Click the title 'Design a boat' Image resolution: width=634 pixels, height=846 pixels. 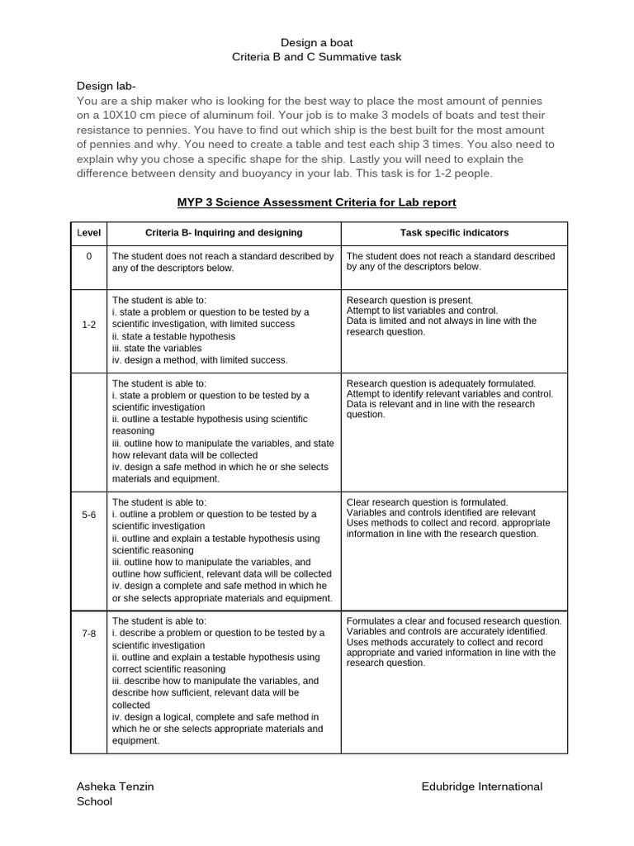tap(318, 42)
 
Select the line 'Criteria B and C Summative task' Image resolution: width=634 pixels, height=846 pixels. tap(318, 56)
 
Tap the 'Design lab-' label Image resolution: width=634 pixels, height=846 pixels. tap(106, 86)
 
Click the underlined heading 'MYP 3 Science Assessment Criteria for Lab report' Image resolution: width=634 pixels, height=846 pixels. tap(317, 202)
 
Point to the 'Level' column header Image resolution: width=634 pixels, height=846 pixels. tap(89, 234)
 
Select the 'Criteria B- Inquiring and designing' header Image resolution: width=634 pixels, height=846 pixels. tap(224, 234)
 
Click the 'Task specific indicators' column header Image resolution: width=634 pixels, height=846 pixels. tap(455, 234)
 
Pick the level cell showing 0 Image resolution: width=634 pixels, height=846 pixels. tap(89, 257)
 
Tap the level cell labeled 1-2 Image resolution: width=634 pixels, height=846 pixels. tap(89, 326)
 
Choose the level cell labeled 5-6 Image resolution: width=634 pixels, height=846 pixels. tap(89, 514)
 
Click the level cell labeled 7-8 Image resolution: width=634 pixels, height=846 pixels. tap(89, 633)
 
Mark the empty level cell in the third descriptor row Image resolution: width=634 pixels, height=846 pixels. tap(89, 431)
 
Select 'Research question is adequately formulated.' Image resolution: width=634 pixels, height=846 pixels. tap(442, 383)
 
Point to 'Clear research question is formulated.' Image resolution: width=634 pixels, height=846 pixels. tap(428, 502)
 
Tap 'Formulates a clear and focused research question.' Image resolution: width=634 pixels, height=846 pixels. tap(454, 621)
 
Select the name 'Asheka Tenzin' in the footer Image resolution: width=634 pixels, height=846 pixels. tap(115, 787)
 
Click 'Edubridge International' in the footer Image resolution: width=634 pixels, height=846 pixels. tap(481, 787)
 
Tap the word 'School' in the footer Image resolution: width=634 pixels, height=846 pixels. tap(94, 801)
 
